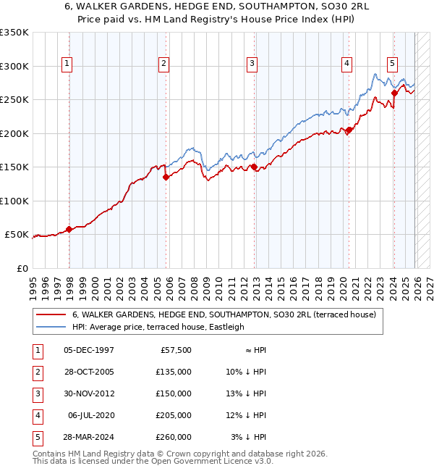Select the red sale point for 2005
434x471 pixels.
[166, 176]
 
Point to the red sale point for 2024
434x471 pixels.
[394, 92]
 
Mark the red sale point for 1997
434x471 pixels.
[69, 229]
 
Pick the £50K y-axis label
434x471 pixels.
[17, 235]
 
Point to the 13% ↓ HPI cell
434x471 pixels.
[245, 393]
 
